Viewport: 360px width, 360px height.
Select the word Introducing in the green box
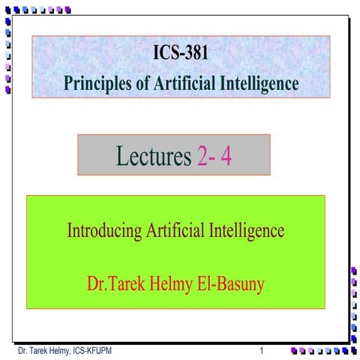(103, 230)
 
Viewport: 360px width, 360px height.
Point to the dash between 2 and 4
(214, 157)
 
